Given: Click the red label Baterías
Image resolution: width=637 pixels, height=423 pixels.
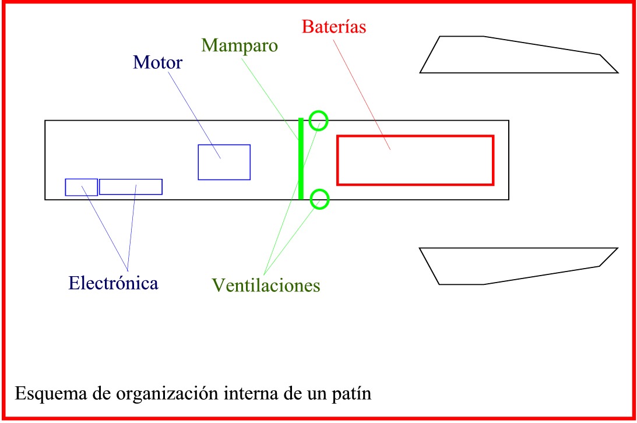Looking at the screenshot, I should coord(334,27).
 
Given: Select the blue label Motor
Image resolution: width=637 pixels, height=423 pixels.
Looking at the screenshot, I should coord(157,62).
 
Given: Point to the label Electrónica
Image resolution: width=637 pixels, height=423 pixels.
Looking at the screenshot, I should coord(113,283).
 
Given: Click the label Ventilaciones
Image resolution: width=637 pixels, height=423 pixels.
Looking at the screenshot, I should coord(266,285).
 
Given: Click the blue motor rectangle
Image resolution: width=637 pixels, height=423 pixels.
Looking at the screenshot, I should coord(224,162).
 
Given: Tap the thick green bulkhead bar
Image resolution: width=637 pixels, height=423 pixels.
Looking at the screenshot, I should coord(301,158).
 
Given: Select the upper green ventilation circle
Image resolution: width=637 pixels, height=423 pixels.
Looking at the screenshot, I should coord(318,121).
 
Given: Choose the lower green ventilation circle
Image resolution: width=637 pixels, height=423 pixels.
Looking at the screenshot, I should coord(319,199).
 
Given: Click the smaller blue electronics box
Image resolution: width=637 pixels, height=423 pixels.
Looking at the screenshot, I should coord(81,187).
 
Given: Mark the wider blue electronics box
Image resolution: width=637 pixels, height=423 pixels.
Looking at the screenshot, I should coord(131,186).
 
